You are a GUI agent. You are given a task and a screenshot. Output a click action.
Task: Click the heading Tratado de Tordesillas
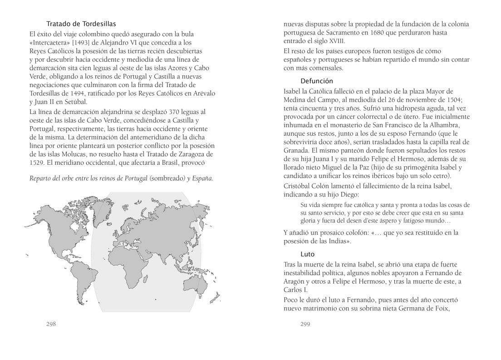81,24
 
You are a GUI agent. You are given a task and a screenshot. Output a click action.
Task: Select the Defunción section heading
317,81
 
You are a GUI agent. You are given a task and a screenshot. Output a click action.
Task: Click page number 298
51,324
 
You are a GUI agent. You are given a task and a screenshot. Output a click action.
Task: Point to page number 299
305,324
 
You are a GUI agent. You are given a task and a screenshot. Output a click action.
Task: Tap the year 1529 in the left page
38,163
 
